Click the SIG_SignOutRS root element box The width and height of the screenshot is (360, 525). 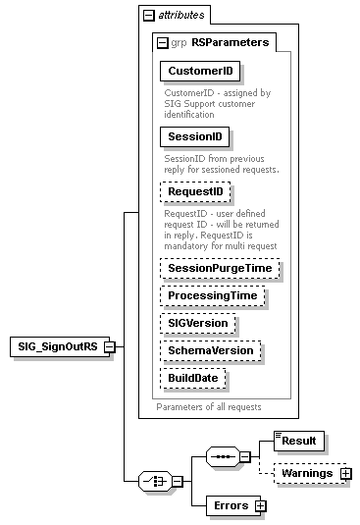56,346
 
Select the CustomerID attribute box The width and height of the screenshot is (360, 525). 200,72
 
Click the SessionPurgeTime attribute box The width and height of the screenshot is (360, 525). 220,268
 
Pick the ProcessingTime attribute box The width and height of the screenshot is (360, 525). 212,295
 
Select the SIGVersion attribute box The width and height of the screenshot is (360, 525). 197,322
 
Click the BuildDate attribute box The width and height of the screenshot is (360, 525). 193,377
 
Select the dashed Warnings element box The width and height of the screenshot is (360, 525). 305,474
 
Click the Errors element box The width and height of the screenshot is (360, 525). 230,506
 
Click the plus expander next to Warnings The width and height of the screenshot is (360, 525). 345,474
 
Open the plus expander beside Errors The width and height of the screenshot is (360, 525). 260,506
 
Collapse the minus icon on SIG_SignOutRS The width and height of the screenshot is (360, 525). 110,346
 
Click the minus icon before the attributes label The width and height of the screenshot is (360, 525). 148,16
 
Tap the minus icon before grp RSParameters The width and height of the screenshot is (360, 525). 162,42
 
